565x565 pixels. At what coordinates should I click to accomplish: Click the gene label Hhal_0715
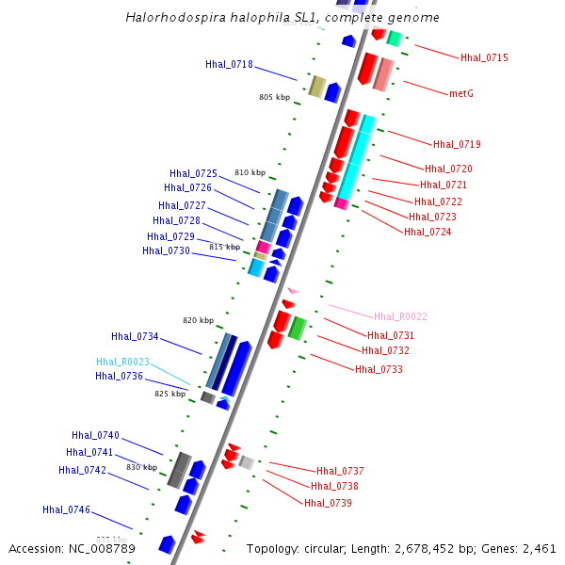point(484,58)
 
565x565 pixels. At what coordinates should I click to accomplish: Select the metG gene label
point(460,94)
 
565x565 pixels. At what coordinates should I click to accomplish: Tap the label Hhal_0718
point(229,65)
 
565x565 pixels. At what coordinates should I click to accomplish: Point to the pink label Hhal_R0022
point(400,317)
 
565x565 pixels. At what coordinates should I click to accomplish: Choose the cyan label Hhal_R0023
point(122,362)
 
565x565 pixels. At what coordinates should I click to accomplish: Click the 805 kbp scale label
point(275,97)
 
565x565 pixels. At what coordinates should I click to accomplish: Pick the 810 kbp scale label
point(250,172)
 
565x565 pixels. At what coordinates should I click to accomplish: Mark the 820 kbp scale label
point(199,320)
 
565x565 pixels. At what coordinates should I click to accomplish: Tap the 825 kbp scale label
point(170,394)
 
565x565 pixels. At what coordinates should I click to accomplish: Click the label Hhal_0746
point(66,509)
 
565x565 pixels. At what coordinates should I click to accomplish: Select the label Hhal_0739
point(328,503)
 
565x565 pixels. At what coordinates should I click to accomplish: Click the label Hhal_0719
point(457,145)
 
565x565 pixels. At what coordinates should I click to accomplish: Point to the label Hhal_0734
point(135,336)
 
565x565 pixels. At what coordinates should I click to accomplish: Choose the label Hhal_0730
point(166,250)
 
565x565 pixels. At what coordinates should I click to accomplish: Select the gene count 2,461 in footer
point(538,548)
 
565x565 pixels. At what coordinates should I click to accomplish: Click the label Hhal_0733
point(379,369)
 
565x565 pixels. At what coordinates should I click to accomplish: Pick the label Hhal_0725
point(193,173)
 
